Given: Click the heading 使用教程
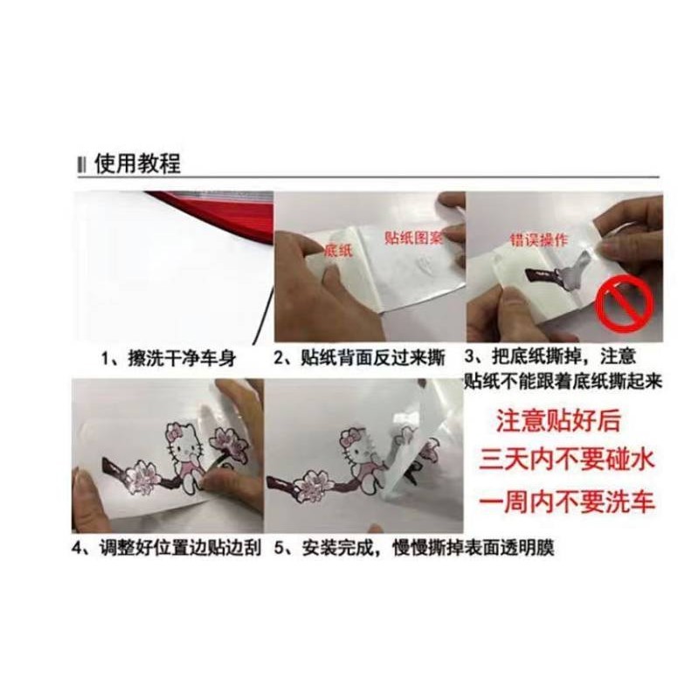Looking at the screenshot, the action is coord(137,163).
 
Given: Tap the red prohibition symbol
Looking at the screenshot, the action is coord(626,305).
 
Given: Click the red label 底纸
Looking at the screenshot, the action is coord(339,250).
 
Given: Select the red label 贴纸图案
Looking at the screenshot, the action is coord(412,238).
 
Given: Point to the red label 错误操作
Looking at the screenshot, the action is coord(539,241).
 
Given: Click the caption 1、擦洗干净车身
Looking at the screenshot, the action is coord(169,359).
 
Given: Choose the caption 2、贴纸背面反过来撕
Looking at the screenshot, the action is coord(359,358).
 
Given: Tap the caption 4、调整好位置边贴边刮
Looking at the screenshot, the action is coord(167,548).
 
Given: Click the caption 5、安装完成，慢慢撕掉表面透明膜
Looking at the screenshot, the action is coord(414,548).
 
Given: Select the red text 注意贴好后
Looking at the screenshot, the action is coord(558,420).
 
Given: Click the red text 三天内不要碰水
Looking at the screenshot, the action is coord(566,460).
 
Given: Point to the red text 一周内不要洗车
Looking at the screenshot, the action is coord(566,502).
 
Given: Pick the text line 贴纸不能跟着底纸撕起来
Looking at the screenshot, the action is coord(564,381).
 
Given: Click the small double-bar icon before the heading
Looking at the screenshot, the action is coord(81,164).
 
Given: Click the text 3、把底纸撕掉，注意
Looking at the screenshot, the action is coord(550,357).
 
